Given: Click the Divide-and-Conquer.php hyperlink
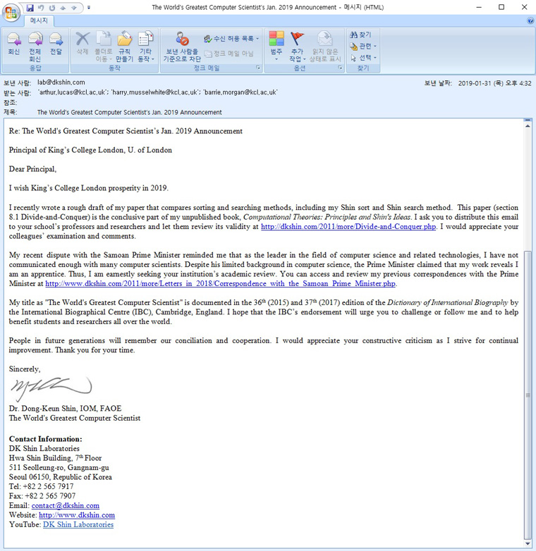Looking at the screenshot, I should pos(348,227).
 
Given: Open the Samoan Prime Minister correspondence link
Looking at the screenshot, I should pos(220,284).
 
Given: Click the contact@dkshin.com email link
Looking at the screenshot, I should pos(66,505).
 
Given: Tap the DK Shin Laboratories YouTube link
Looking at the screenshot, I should pos(78,524).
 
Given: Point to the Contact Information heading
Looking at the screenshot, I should pos(45,439).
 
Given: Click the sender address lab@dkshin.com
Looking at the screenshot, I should pos(61,82).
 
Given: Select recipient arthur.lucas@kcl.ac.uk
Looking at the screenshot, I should pos(72,92).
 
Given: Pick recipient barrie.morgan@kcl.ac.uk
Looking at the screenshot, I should pos(240,92).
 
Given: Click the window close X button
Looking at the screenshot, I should pos(521,7).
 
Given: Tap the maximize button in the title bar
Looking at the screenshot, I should pos(501,7).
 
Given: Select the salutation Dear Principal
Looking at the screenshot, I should pos(32,169).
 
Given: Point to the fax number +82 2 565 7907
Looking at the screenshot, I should pos(42,495).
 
